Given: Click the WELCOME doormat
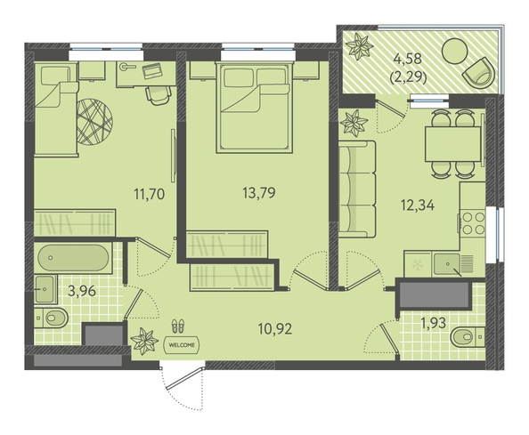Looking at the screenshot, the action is pos(182,345).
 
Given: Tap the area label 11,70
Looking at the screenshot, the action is pos(149,195).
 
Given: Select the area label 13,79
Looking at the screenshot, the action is pos(259,193).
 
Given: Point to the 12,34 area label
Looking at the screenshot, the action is pos(418,205).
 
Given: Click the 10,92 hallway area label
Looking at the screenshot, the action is pos(275,329).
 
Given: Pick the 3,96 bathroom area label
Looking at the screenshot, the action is pos(82,291).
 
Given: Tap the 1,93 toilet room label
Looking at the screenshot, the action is pos(434,323).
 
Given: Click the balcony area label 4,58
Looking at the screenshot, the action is pos(408,59).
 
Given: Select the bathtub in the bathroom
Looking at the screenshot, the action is pos(73,258).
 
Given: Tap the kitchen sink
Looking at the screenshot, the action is pos(447,264).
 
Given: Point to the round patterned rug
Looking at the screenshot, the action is pos(94,122).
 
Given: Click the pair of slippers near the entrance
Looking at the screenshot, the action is pos(179,326).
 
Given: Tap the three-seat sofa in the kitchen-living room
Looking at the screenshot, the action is pos(357,189).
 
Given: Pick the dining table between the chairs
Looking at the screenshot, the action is pos(452,144).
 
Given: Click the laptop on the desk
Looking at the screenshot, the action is pos(151,71).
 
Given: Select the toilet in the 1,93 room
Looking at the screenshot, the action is pos(468,336).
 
